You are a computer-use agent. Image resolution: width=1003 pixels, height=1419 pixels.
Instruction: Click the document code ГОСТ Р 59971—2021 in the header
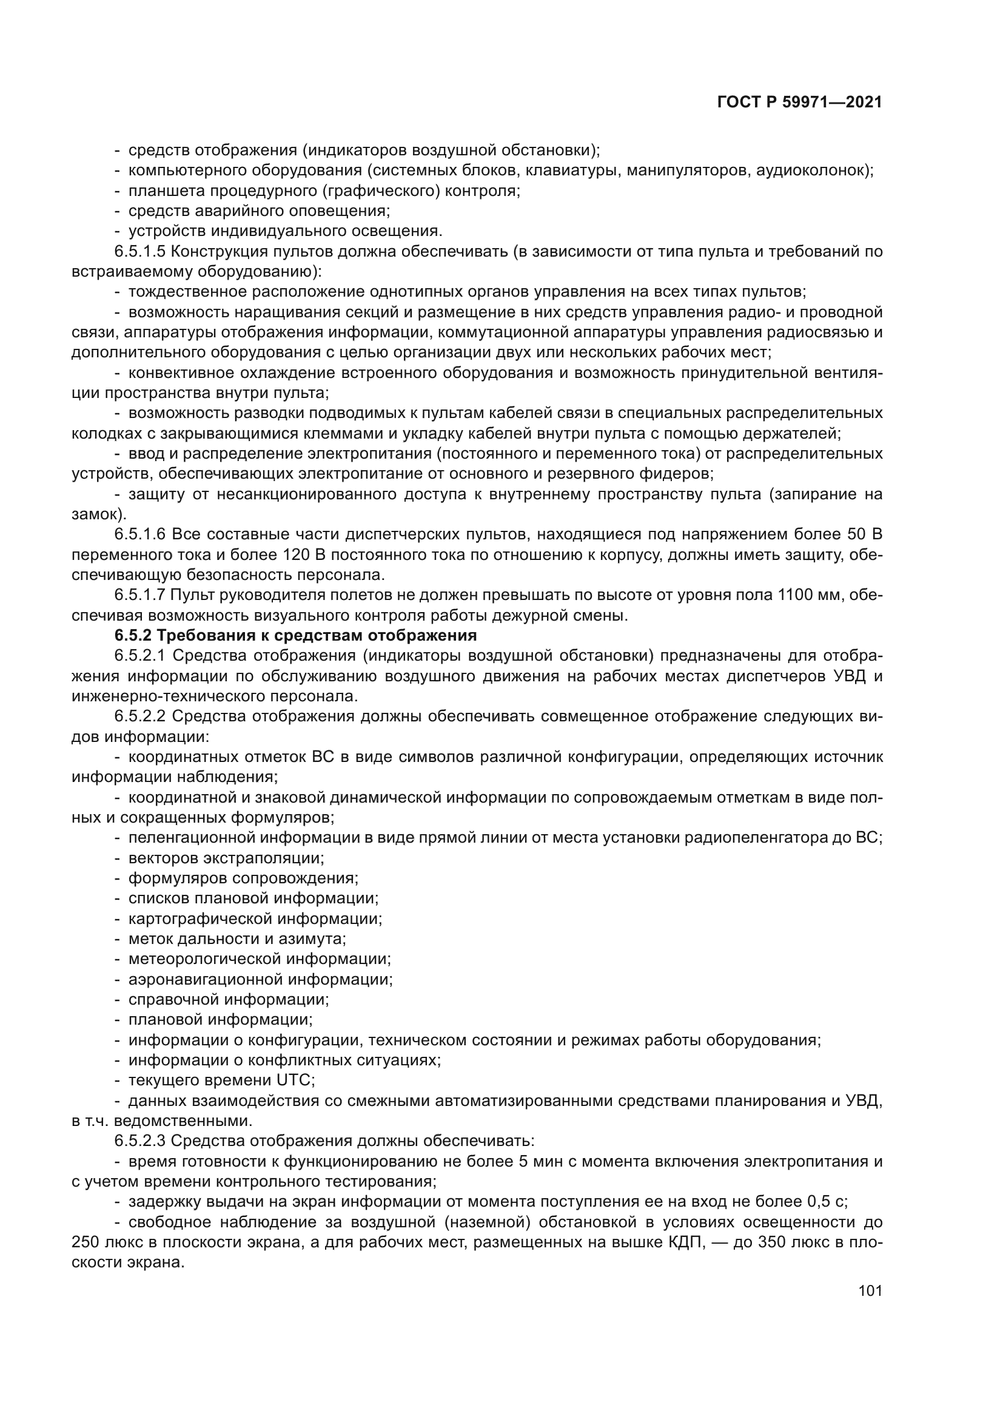(799, 103)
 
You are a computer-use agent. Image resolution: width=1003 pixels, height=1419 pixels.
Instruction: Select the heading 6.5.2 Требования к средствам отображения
(295, 636)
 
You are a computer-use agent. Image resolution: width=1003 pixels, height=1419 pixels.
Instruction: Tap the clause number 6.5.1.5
(139, 252)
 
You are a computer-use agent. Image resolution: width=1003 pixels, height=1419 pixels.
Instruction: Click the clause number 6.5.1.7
(139, 595)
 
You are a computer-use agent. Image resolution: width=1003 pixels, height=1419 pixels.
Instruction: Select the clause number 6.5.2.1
(139, 656)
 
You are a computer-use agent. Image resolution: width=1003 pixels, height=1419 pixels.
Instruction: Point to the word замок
(96, 514)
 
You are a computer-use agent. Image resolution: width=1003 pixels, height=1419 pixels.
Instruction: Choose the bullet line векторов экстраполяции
(226, 858)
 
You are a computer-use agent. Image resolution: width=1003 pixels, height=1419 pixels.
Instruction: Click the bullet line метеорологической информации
(260, 960)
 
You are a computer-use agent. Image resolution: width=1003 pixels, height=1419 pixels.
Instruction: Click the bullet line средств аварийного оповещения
(259, 211)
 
